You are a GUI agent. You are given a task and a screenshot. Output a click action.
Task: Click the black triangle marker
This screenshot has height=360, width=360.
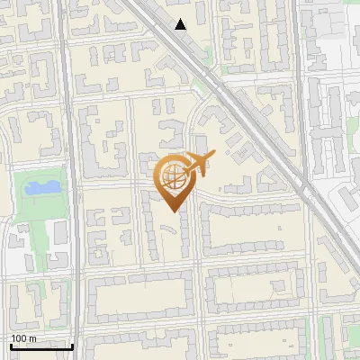point(181,24)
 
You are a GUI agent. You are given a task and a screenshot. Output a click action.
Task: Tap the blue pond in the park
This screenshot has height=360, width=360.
point(40,188)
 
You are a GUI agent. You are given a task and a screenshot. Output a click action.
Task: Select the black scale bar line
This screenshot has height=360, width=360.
point(40,346)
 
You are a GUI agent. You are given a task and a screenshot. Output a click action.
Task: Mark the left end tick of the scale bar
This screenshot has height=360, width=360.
point(10,345)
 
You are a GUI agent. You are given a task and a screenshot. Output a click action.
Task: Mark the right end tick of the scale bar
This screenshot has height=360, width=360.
point(72,345)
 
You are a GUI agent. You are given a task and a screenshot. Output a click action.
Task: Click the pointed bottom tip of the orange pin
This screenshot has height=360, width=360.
point(171,211)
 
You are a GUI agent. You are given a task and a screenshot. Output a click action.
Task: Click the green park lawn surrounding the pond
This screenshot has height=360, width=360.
point(27,202)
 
